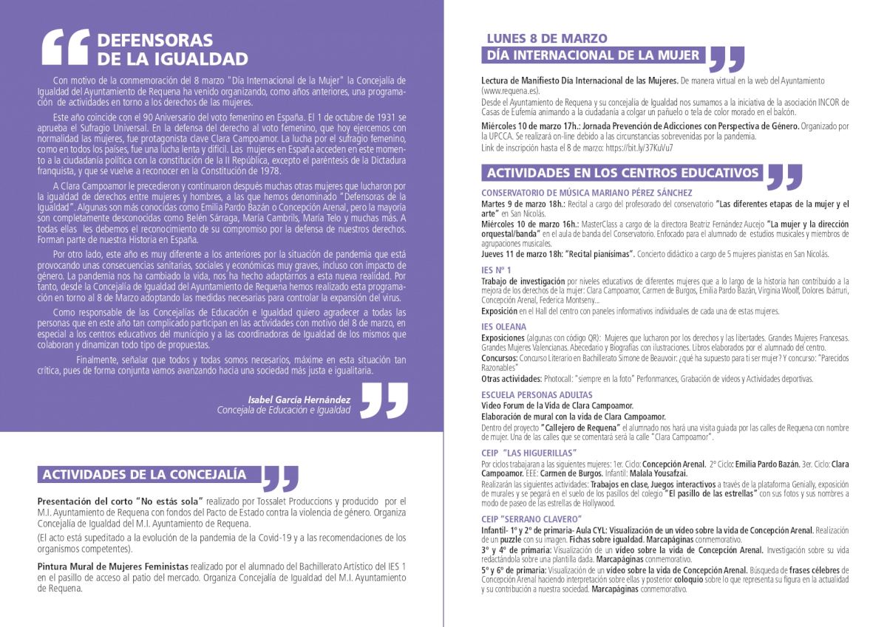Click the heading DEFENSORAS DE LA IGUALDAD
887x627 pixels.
(x=171, y=49)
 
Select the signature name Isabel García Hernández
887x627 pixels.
(x=299, y=399)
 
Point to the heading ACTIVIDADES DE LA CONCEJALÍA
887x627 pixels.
(x=143, y=474)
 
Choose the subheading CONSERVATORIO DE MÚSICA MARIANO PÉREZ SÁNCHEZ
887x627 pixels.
(x=586, y=193)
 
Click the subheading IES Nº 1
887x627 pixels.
(x=496, y=270)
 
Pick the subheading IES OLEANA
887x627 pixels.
(x=503, y=326)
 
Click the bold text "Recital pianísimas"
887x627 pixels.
(x=600, y=254)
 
